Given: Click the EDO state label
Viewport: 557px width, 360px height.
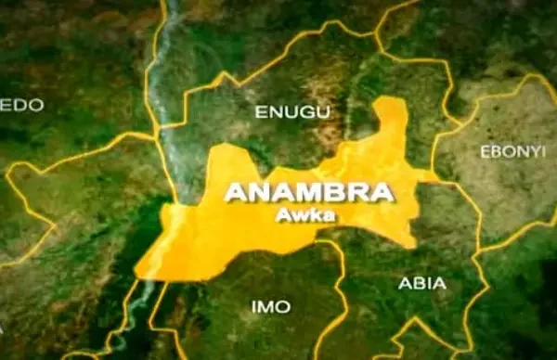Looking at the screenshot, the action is (x=22, y=105).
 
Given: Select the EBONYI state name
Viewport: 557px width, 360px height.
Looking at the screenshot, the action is (x=512, y=150).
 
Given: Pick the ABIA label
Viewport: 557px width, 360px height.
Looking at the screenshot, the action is (x=421, y=283).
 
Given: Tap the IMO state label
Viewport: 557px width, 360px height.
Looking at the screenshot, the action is (x=269, y=306).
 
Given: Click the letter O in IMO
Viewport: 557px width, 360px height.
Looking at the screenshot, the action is (x=281, y=306).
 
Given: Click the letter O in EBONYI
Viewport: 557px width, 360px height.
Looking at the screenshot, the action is (x=506, y=150).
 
